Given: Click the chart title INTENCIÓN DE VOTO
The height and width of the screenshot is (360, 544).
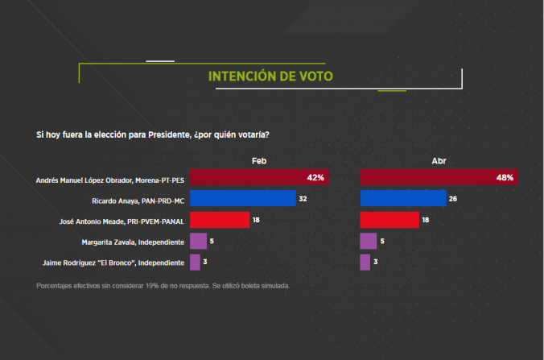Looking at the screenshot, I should point(270,77).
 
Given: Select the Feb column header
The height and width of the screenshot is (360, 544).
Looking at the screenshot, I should point(258,161).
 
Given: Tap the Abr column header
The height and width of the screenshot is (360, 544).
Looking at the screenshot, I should point(439,161).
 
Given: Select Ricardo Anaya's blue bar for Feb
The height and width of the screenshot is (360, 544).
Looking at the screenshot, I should point(243,198).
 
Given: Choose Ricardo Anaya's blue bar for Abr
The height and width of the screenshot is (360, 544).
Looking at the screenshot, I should point(403,198).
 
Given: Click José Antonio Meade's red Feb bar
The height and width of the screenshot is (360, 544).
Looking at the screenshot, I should point(219,220).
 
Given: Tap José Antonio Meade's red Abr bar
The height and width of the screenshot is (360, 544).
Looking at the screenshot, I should point(389,220).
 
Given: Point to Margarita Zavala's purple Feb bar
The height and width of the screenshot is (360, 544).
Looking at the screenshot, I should point(198,241).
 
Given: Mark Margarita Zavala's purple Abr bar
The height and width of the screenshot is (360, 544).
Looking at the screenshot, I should point(369,241).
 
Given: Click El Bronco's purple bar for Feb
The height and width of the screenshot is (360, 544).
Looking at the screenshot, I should point(195,262).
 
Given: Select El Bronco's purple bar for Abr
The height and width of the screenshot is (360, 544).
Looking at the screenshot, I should point(365,262).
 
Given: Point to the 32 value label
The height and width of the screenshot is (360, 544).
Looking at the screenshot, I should point(303,199).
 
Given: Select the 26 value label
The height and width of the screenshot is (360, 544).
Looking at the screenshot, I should point(453,199).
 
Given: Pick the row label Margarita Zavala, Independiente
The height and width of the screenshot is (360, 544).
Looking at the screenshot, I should point(134,242).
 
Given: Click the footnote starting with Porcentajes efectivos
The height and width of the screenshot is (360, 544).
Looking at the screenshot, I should point(163,286).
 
